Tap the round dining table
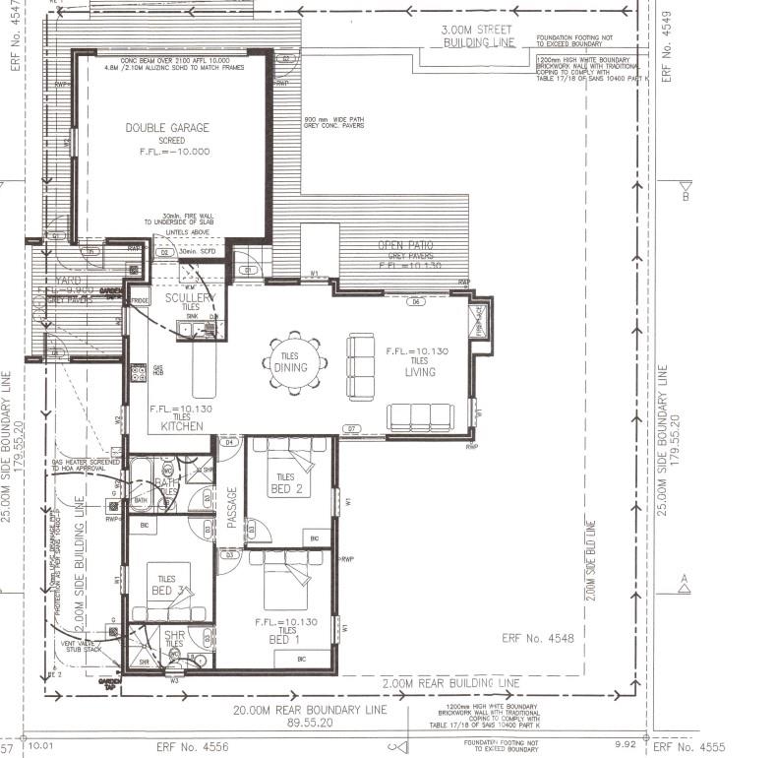[x=292, y=366]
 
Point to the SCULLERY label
[x=190, y=297]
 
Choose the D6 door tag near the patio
[x=416, y=302]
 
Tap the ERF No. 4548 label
[x=537, y=638]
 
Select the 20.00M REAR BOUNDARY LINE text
[x=309, y=709]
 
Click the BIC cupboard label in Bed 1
[x=301, y=657]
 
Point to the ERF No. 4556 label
[x=193, y=747]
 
